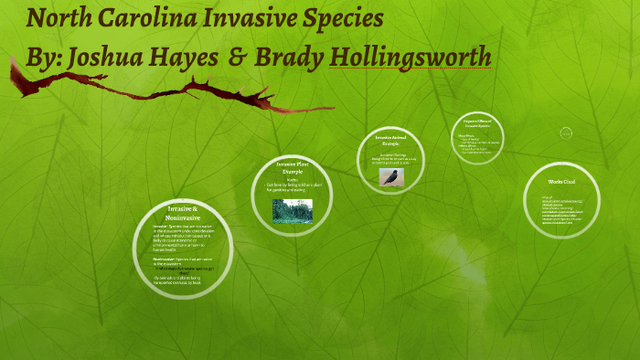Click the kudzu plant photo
coord(293,210)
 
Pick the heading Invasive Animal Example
coord(392,140)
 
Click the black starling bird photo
coord(391,176)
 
